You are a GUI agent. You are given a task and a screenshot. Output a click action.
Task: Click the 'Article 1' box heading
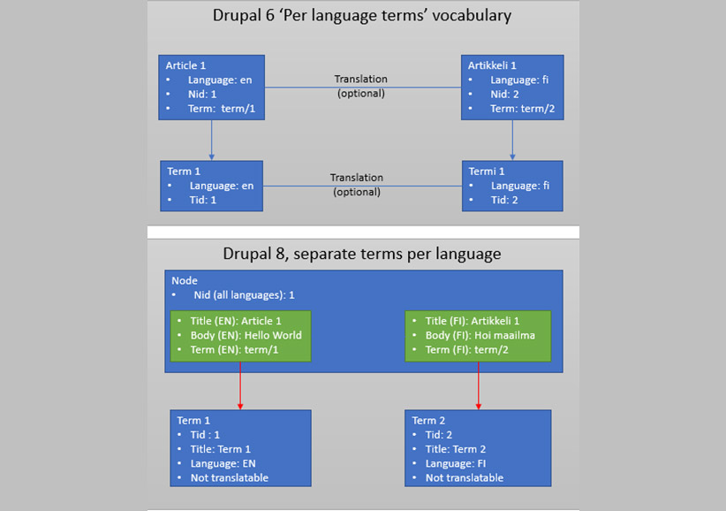185,65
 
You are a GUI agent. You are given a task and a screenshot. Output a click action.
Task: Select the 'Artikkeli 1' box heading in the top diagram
492,65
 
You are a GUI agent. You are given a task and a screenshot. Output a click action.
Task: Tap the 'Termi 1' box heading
487,172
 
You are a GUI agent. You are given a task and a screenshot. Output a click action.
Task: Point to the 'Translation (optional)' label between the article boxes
361,86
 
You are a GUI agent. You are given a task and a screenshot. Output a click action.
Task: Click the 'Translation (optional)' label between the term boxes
357,185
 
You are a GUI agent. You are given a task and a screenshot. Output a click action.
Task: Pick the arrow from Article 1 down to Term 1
212,141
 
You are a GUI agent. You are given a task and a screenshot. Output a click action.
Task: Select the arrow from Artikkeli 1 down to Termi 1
512,141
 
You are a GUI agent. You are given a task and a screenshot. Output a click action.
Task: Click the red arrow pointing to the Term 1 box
240,386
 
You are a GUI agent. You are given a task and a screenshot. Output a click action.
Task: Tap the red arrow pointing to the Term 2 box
479,386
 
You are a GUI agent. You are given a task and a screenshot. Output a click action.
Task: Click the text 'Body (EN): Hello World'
246,335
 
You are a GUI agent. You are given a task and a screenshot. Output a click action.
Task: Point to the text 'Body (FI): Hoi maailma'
480,335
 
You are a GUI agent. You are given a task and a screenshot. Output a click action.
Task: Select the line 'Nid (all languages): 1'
244,295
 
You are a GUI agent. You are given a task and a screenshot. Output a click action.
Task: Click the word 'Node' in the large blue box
185,281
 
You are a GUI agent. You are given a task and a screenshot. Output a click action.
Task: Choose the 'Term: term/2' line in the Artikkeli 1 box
522,109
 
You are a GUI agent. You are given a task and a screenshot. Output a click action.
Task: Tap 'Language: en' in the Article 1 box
220,80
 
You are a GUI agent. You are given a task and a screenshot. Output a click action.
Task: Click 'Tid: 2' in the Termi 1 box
504,200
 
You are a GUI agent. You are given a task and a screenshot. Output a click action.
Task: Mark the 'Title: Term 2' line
456,449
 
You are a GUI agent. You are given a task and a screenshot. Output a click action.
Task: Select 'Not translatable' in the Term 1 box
229,478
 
